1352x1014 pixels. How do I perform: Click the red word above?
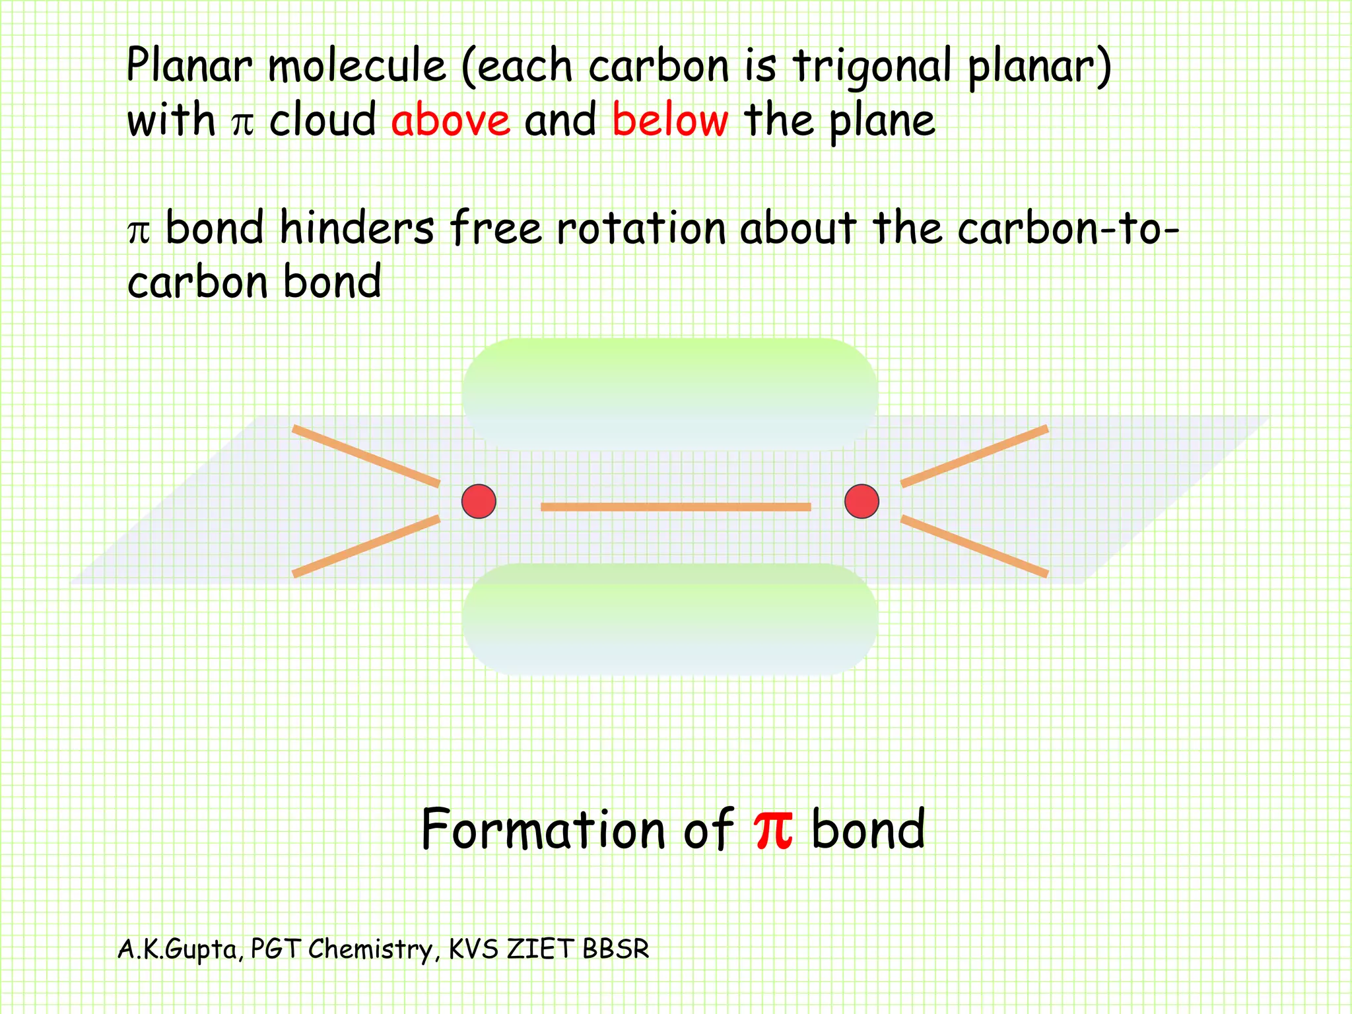pos(450,120)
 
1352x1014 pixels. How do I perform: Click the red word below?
pos(670,120)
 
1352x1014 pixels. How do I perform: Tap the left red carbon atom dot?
pos(479,501)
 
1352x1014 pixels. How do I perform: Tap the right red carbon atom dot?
pos(862,501)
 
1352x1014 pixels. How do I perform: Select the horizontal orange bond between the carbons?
pos(675,507)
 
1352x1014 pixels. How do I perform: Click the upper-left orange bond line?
pos(366,456)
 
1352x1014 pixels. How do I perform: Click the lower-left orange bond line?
pos(366,546)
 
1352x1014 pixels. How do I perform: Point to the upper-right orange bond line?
pos(974,456)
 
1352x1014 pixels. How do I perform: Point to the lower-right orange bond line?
pos(974,546)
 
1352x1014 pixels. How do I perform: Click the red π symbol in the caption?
pos(773,828)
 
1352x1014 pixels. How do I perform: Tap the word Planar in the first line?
pos(189,66)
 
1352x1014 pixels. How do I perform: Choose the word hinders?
pos(356,228)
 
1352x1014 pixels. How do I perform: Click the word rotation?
pos(640,228)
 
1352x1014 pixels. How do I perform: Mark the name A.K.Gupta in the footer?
pos(177,949)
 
